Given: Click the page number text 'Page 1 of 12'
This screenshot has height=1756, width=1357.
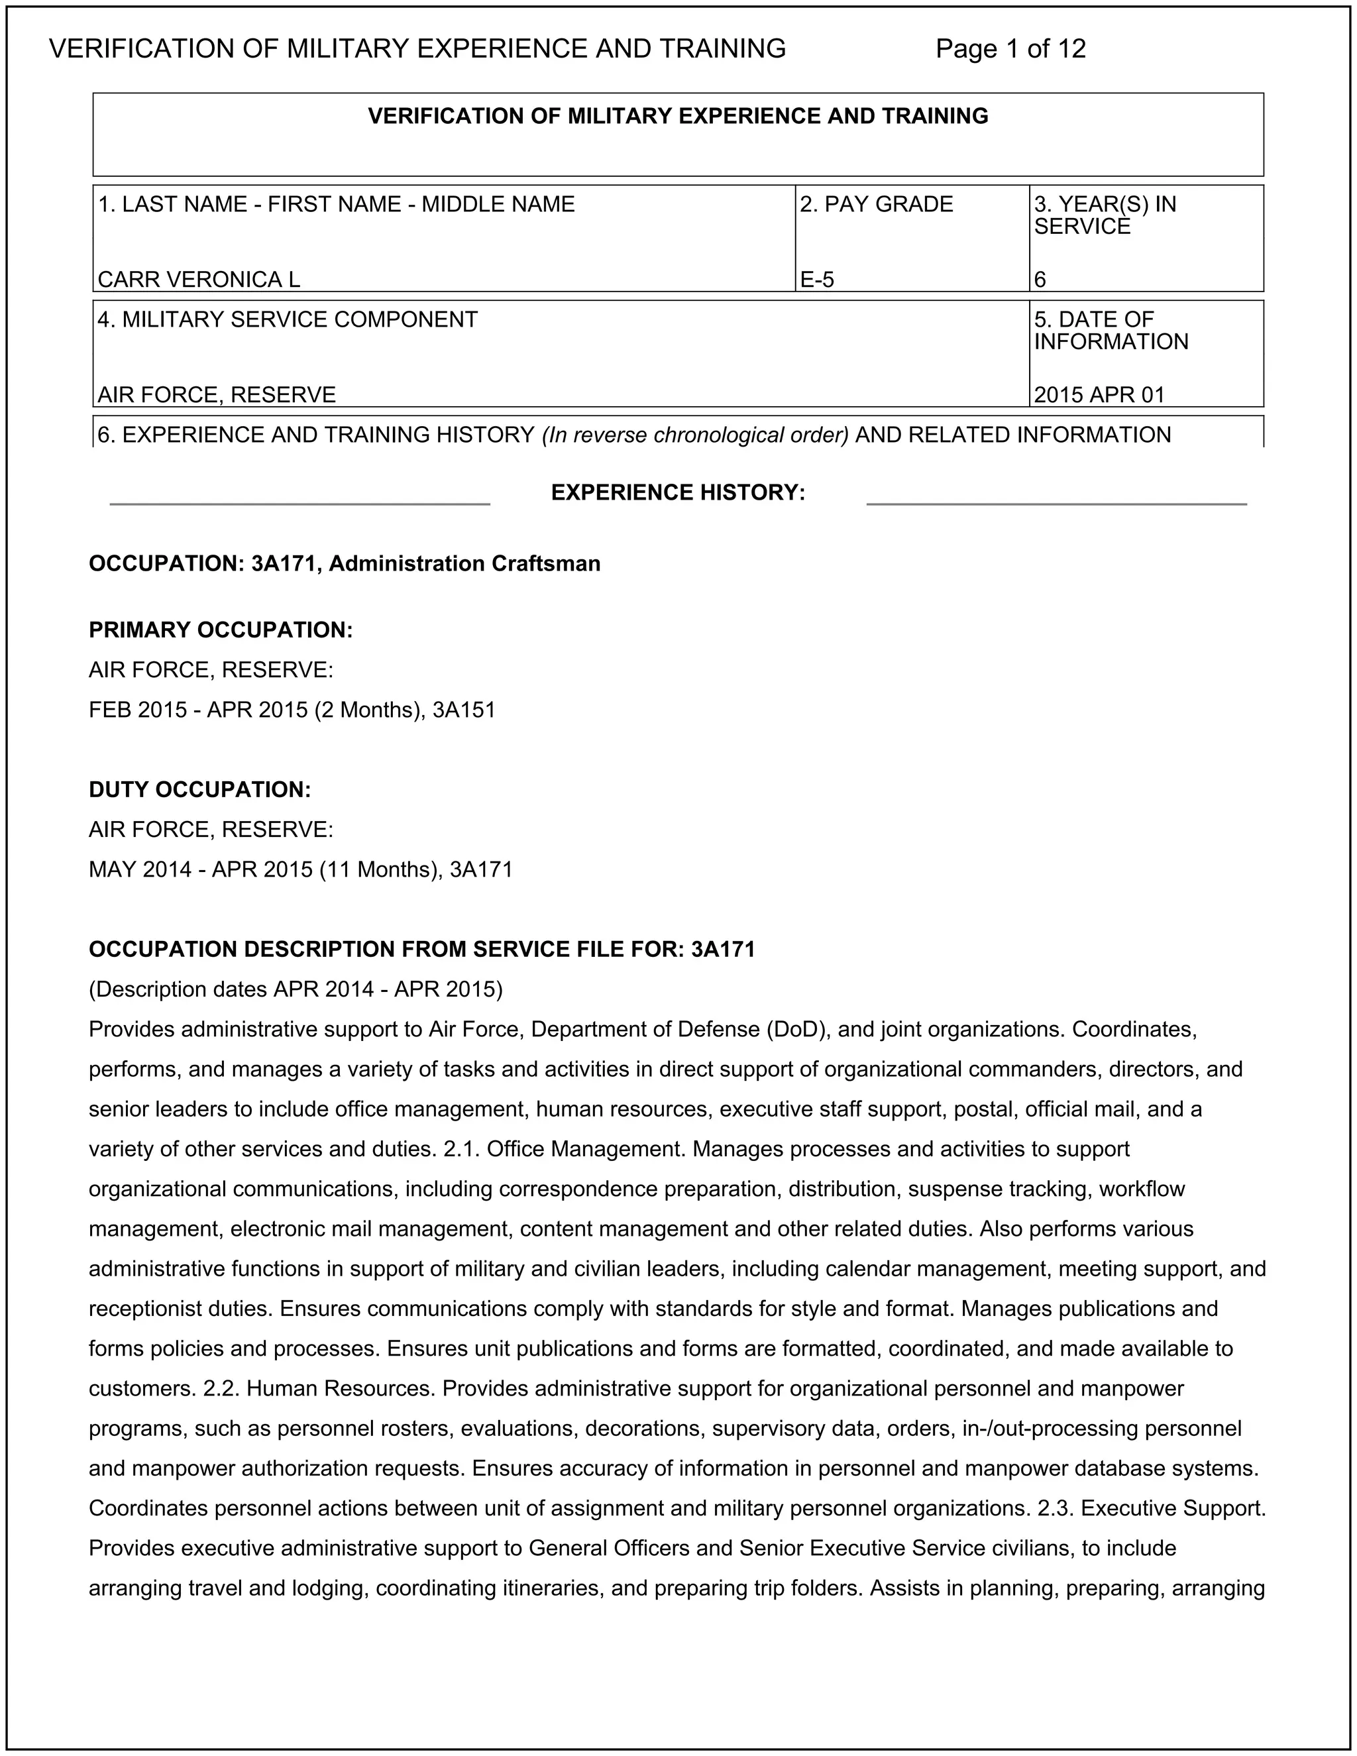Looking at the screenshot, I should tap(1010, 49).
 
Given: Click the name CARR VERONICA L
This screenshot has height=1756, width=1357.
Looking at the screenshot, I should tap(199, 279).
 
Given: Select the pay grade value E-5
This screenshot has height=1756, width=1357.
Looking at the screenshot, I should tap(817, 279).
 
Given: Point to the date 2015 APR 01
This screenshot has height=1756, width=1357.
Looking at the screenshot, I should tap(1099, 394).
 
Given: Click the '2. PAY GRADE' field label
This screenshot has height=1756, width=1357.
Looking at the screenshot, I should tap(876, 204).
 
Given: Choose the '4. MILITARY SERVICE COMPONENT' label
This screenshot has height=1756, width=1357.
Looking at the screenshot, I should tap(288, 319).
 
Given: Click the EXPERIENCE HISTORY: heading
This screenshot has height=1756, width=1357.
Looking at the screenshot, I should tap(678, 492).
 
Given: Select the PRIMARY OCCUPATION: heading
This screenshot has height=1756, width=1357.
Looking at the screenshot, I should tap(221, 630).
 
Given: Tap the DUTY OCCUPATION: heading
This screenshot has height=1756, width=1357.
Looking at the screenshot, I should tap(200, 790).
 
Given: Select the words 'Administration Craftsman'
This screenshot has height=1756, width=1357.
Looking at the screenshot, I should tap(464, 564).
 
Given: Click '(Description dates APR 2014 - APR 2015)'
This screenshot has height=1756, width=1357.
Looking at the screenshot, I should tap(296, 988).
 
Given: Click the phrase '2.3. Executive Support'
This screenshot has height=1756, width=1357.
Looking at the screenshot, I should tap(1150, 1508).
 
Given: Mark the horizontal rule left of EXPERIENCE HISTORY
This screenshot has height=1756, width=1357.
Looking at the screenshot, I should tap(300, 504).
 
